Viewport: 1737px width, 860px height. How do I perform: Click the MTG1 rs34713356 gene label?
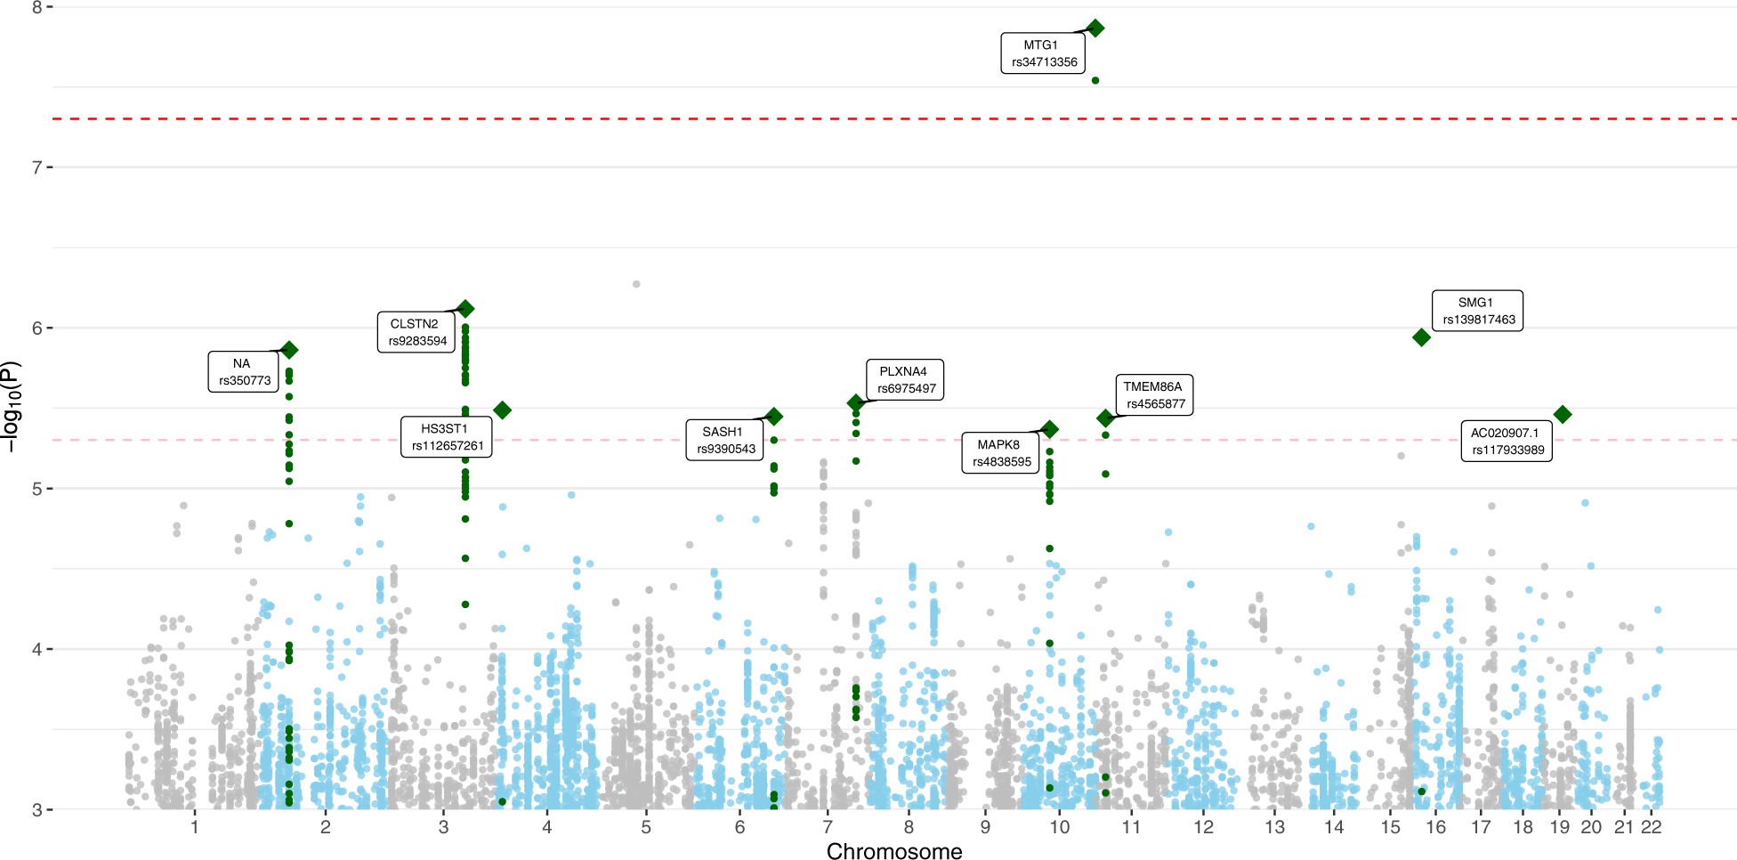tap(1043, 53)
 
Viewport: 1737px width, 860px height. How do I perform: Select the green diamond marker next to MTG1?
tap(1095, 28)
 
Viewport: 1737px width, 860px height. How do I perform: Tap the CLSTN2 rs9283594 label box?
tap(416, 332)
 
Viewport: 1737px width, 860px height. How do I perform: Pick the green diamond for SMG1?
tap(1421, 337)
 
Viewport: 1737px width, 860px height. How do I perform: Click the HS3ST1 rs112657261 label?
tap(446, 437)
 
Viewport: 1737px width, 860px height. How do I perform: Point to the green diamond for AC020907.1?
tap(1562, 414)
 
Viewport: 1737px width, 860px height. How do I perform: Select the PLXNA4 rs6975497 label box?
tap(905, 380)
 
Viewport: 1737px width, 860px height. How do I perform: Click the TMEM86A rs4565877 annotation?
tap(1154, 395)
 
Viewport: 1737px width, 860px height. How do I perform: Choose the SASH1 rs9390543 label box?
tap(724, 440)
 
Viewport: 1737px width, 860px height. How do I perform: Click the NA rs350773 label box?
tap(244, 372)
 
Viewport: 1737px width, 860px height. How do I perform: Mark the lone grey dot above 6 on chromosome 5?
tap(636, 284)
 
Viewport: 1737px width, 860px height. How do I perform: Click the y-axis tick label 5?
tap(36, 489)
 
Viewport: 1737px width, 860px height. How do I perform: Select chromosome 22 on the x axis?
tap(1651, 827)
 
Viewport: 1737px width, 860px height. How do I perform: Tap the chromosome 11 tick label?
tap(1130, 827)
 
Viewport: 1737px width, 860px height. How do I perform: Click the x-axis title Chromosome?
tap(893, 851)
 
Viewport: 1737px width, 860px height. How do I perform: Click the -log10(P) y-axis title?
tap(11, 407)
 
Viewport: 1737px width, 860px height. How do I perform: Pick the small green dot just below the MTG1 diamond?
tap(1095, 81)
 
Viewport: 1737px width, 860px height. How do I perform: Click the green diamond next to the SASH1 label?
tap(774, 417)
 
